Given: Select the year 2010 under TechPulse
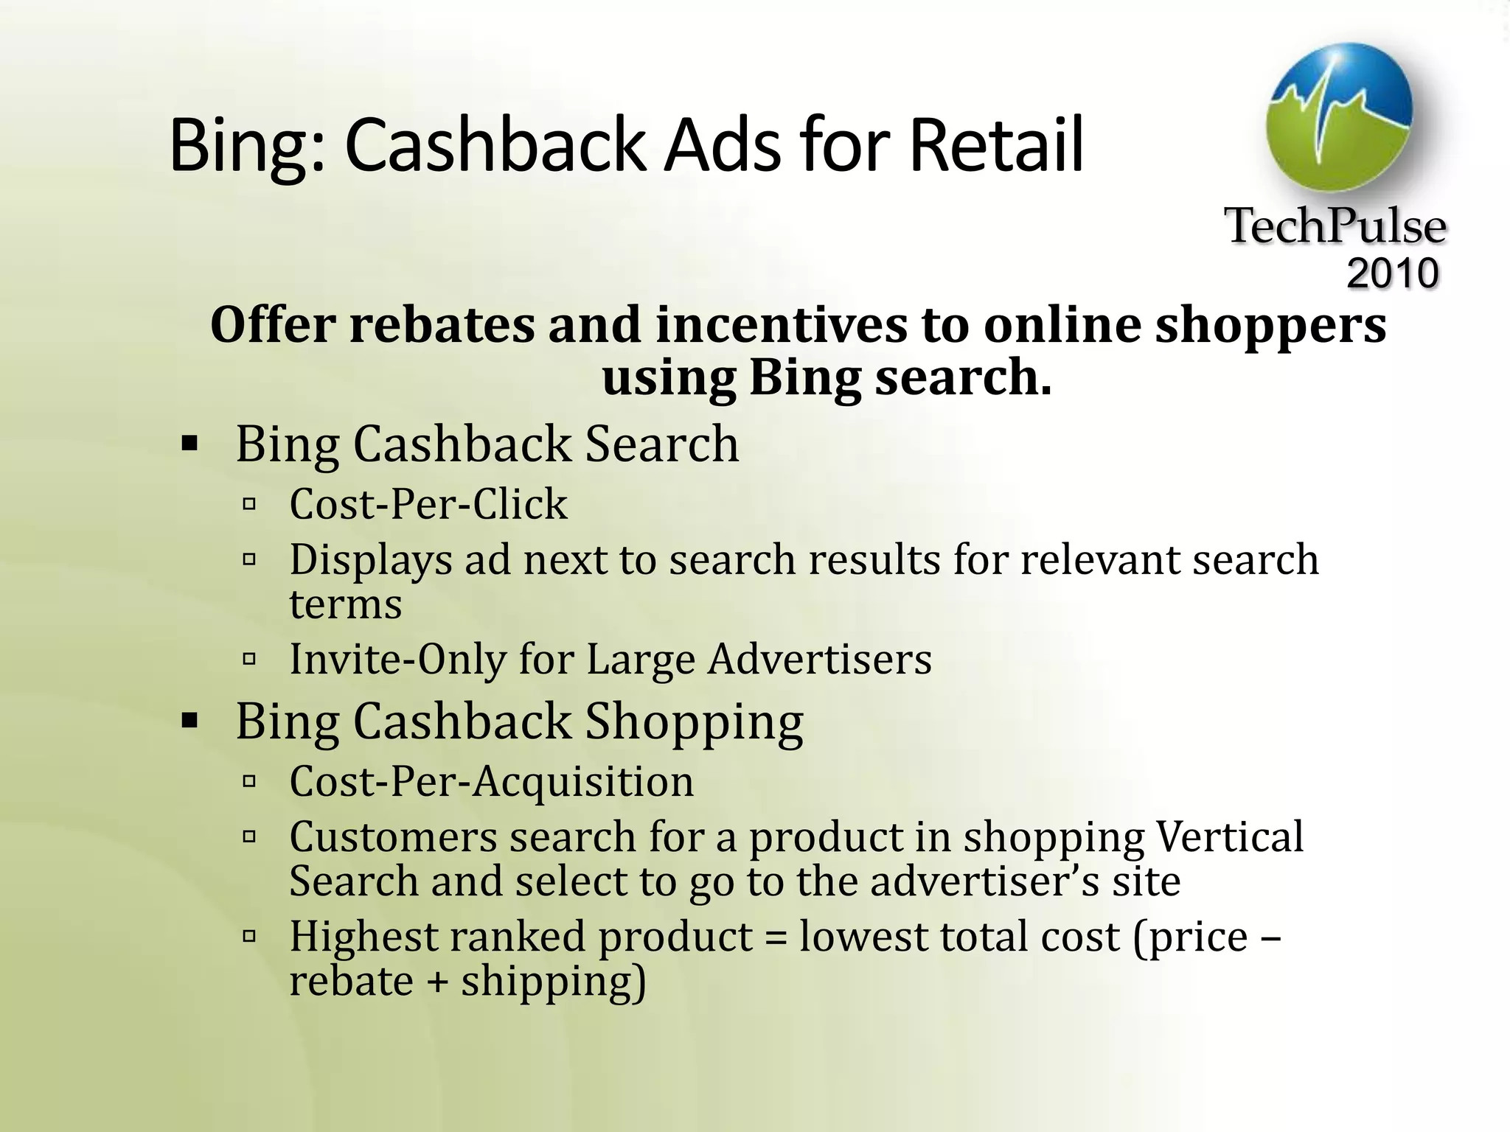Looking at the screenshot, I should click(x=1393, y=273).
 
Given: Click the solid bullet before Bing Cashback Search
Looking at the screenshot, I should click(x=189, y=444).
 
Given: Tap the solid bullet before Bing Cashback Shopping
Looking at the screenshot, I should click(x=189, y=720).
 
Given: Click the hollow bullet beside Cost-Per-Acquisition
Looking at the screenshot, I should click(x=249, y=780).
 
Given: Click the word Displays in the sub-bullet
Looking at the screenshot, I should click(x=370, y=560).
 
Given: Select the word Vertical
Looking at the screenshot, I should click(x=1230, y=836).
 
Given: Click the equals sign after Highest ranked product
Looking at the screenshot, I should click(x=776, y=938).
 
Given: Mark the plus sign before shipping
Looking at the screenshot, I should click(x=436, y=982).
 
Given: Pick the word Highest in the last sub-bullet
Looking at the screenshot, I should click(x=363, y=937).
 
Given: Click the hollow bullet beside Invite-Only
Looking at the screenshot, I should click(x=249, y=658).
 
